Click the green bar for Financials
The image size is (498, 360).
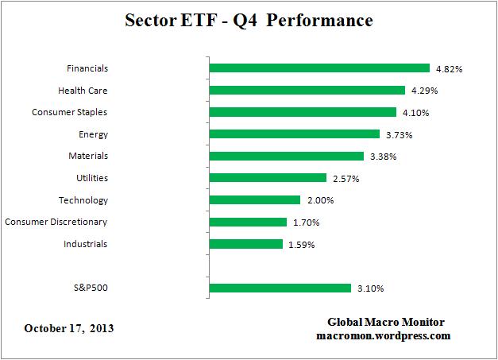[x=318, y=68]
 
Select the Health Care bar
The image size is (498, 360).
[x=307, y=91]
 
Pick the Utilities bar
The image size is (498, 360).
[x=268, y=178]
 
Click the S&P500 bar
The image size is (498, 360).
[x=280, y=288]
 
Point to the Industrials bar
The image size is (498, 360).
[x=245, y=244]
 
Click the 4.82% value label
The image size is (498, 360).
[x=448, y=69]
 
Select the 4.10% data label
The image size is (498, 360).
[x=415, y=113]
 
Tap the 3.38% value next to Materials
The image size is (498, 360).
[x=381, y=157]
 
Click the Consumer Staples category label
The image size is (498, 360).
[x=70, y=113]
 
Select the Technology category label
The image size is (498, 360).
[x=83, y=200]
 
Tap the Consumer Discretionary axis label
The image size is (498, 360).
[x=56, y=222]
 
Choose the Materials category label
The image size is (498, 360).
[x=88, y=157]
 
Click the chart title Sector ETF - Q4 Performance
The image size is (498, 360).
[x=249, y=21]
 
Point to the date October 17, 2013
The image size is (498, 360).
[x=69, y=327]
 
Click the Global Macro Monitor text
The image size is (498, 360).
[x=386, y=322]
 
